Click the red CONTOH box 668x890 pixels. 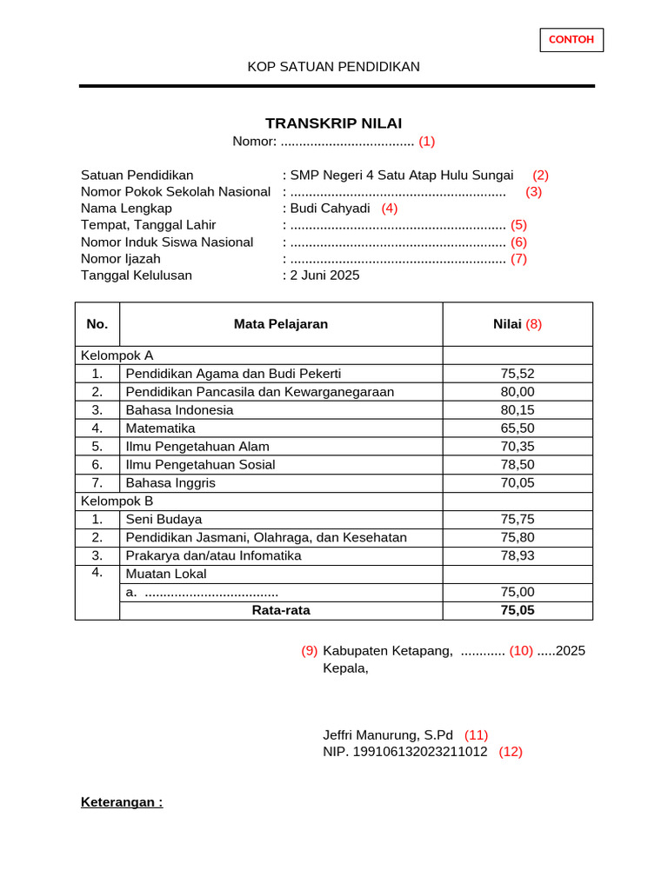(x=571, y=40)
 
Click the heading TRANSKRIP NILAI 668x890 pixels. (x=333, y=123)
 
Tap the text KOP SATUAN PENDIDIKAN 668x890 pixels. (x=333, y=67)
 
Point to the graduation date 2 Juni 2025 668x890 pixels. (x=324, y=276)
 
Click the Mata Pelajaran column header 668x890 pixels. (x=281, y=324)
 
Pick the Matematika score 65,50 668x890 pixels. (x=518, y=428)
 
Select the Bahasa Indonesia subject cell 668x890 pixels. (x=180, y=410)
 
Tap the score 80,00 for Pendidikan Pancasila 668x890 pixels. (x=518, y=392)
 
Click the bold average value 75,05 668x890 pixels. (x=518, y=610)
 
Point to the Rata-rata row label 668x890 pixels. (x=281, y=610)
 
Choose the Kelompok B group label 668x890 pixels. (x=117, y=501)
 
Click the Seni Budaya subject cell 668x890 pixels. (x=164, y=520)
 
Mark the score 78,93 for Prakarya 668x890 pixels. (x=518, y=555)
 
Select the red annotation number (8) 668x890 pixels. (x=533, y=324)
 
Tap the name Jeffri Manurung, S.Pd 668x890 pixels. (x=388, y=735)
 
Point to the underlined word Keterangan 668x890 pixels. (x=122, y=802)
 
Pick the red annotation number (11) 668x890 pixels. (x=476, y=735)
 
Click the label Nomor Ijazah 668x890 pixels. (x=121, y=259)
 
